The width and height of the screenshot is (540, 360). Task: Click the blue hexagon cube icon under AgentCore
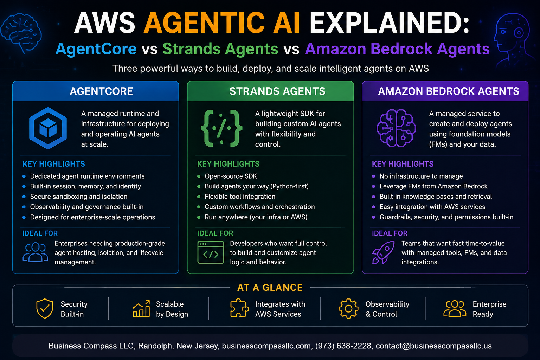pyautogui.click(x=48, y=128)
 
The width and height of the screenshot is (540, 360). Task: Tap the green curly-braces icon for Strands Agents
pyautogui.click(x=221, y=128)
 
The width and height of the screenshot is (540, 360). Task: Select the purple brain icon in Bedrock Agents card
pyautogui.click(x=396, y=128)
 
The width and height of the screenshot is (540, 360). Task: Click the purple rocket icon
pyautogui.click(x=383, y=252)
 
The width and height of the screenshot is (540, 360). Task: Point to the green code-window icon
pyautogui.click(x=211, y=252)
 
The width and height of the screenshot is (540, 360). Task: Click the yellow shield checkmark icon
pyautogui.click(x=45, y=309)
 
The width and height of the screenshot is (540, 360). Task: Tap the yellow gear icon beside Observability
pyautogui.click(x=348, y=309)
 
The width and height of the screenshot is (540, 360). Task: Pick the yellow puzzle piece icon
pyautogui.click(x=239, y=308)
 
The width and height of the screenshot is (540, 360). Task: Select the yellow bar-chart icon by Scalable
pyautogui.click(x=141, y=309)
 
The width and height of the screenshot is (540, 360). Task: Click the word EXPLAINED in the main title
pyautogui.click(x=389, y=22)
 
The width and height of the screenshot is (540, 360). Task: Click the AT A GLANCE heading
pyautogui.click(x=270, y=288)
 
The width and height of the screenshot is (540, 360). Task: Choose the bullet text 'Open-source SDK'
pyautogui.click(x=231, y=176)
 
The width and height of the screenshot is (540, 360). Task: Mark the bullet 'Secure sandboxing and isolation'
pyautogui.click(x=79, y=197)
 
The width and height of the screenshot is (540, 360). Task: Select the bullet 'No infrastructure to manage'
pyautogui.click(x=421, y=176)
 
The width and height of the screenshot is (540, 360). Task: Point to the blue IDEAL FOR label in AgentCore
pyautogui.click(x=40, y=233)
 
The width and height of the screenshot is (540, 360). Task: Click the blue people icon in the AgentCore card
pyautogui.click(x=36, y=252)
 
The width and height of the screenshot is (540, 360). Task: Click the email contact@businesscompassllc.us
pyautogui.click(x=434, y=346)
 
